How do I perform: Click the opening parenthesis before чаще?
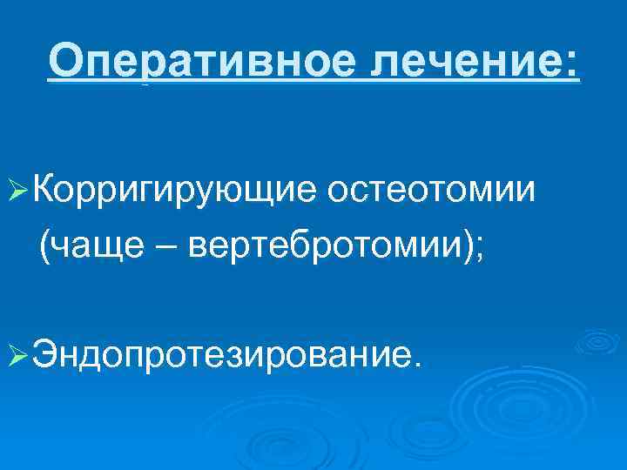43,249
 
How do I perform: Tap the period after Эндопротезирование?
414,366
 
